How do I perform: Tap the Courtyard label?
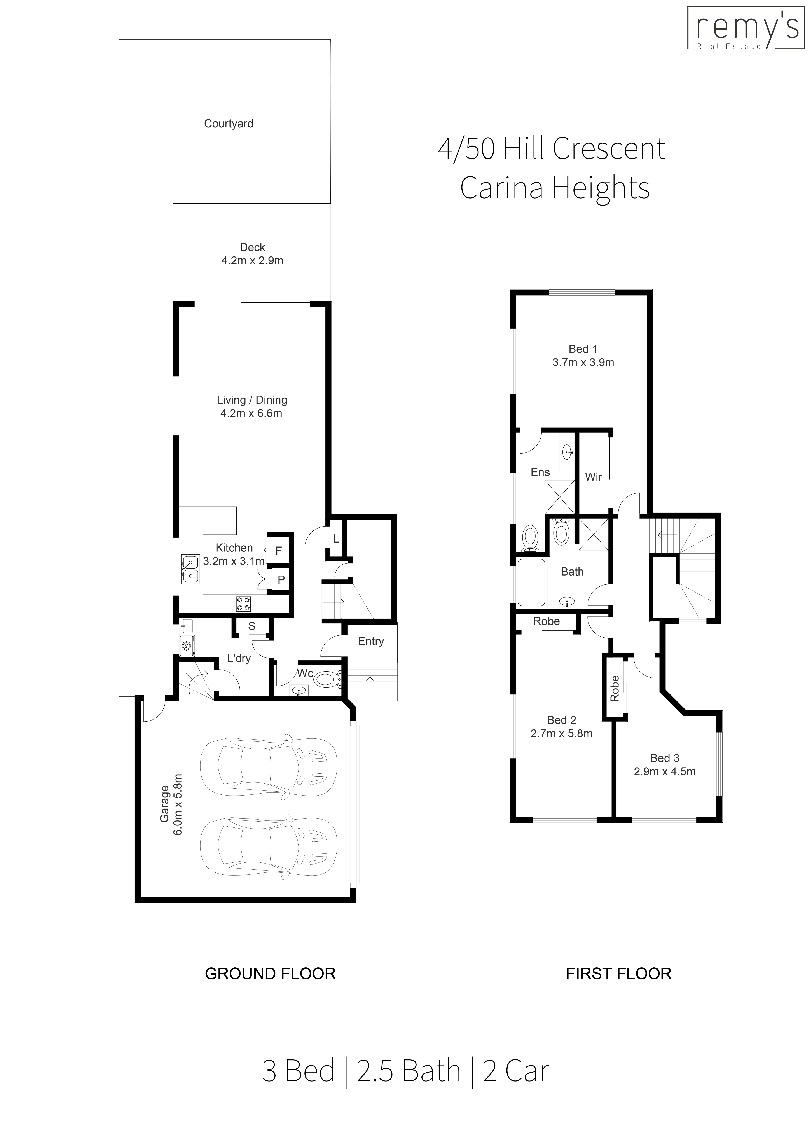229,124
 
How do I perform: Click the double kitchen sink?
190,569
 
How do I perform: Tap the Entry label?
370,642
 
